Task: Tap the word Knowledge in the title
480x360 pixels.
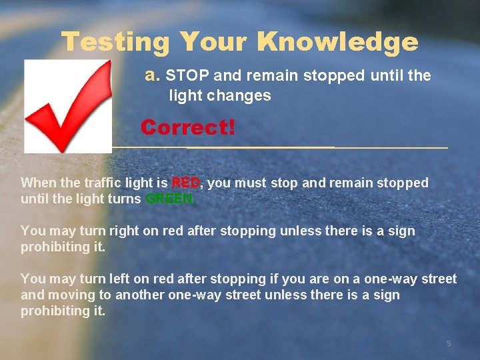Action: tap(337, 43)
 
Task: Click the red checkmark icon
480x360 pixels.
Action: tap(68, 105)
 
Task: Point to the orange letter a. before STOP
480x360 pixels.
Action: tap(153, 76)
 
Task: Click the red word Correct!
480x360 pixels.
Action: tap(188, 127)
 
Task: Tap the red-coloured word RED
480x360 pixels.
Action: tap(186, 183)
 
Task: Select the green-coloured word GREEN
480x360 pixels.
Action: tap(169, 199)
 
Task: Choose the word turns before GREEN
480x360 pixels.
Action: tap(123, 199)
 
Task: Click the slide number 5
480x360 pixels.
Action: tap(449, 343)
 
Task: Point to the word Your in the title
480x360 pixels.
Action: tap(213, 43)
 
